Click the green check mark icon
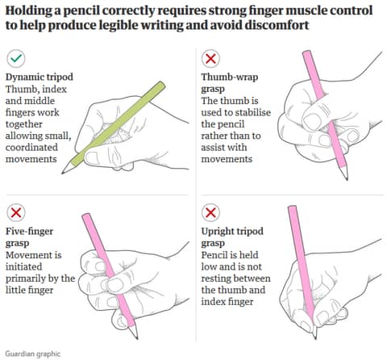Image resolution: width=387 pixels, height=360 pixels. (16, 58)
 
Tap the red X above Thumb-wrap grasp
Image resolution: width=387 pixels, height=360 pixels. (210, 58)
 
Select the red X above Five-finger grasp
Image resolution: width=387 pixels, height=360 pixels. (16, 212)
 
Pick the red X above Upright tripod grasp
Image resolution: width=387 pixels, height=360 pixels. (210, 212)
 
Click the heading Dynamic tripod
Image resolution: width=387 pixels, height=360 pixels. (40, 77)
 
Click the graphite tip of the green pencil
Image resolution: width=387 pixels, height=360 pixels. (63, 173)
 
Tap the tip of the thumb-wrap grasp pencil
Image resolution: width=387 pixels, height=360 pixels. (347, 178)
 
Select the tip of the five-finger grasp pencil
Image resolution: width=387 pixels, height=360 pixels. (136, 337)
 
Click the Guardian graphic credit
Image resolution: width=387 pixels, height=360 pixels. (33, 354)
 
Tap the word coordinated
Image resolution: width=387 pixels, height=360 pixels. (31, 148)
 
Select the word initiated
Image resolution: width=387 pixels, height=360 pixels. (24, 266)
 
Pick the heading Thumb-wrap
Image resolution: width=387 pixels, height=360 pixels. (230, 77)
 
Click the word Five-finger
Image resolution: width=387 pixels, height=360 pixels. (30, 232)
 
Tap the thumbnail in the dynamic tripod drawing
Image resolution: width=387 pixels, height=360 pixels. (92, 157)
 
